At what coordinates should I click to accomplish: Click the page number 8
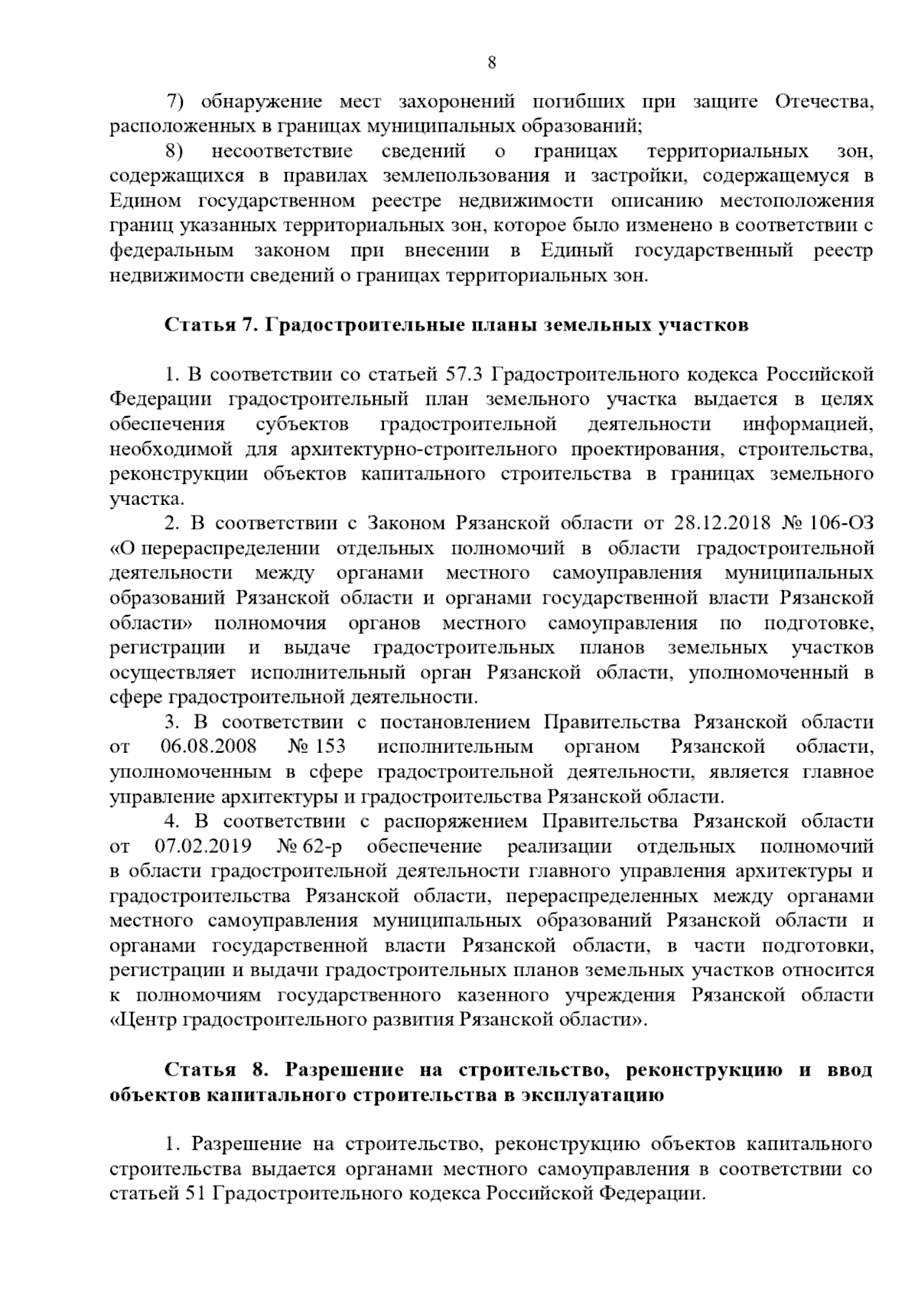tap(492, 63)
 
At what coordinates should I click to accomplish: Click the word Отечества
tap(824, 102)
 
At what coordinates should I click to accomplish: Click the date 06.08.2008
tap(209, 747)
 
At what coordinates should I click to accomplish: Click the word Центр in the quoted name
tap(149, 1021)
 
